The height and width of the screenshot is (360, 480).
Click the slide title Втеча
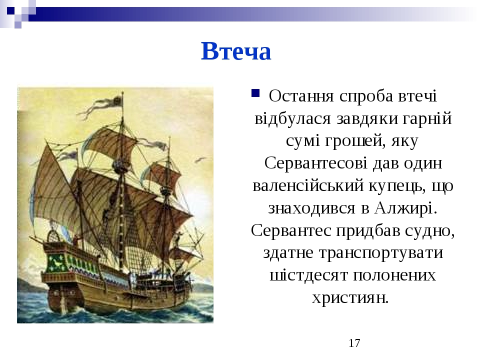[235, 51]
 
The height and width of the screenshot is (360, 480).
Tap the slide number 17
[354, 343]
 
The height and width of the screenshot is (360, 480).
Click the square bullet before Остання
[255, 93]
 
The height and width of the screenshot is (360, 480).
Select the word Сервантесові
[315, 163]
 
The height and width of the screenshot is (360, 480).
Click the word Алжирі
[405, 208]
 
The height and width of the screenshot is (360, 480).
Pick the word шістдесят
[308, 275]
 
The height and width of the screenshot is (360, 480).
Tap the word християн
[350, 297]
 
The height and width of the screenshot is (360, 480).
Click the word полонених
[394, 275]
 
